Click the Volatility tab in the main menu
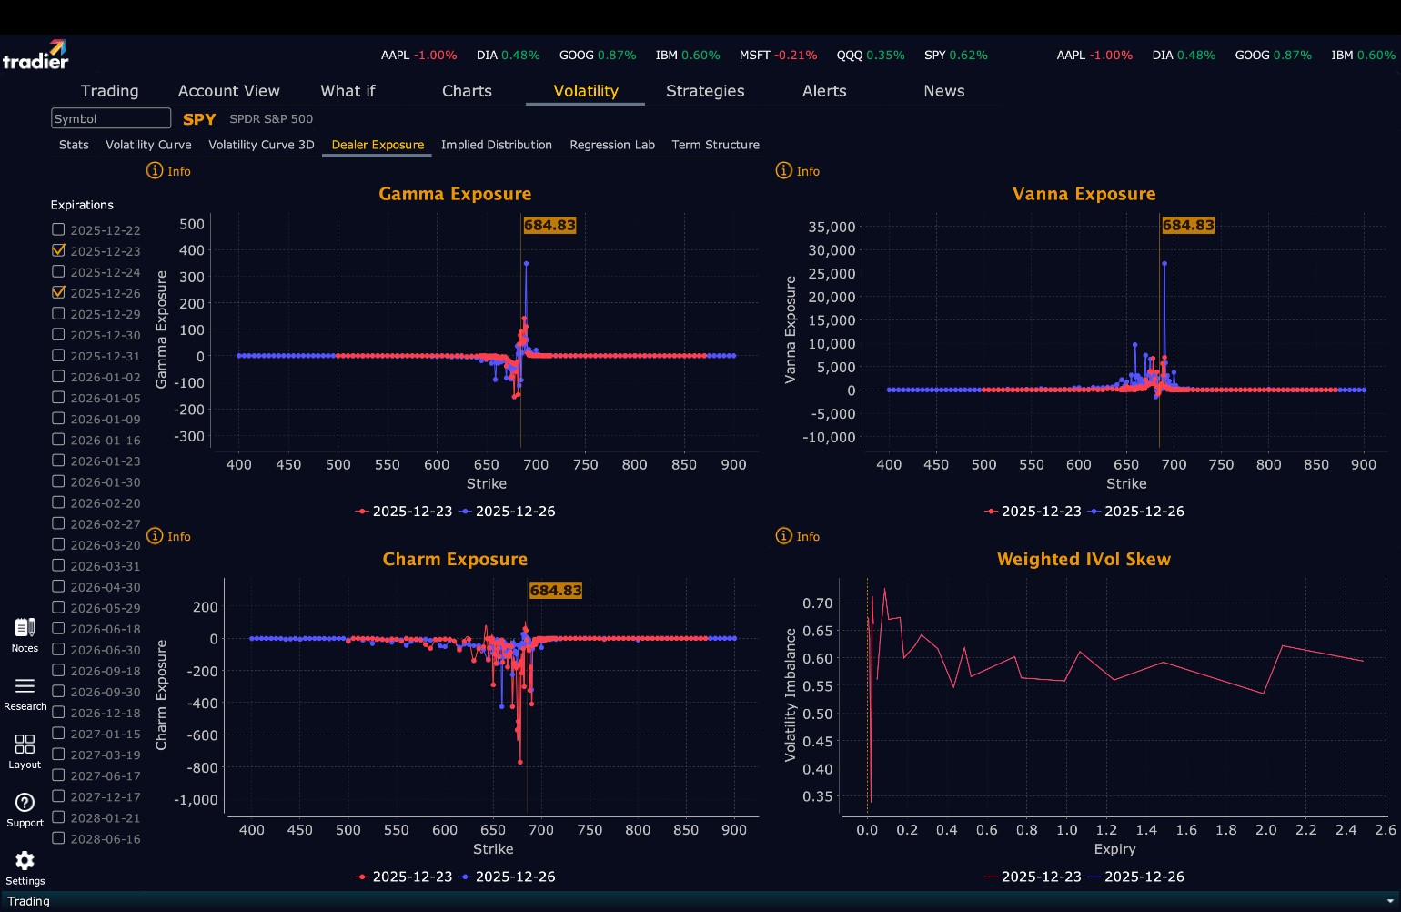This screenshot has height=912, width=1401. point(586,91)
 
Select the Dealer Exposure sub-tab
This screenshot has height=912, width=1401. point(378,145)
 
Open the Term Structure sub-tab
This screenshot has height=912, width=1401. point(715,145)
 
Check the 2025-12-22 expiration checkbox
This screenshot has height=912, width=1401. point(59,229)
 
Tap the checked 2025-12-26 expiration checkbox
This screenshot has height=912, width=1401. point(59,292)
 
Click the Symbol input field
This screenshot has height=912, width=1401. point(111,118)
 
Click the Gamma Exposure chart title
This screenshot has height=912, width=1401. point(455,194)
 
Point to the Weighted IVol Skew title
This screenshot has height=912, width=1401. point(1084,559)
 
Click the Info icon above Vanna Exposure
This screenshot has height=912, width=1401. point(784,171)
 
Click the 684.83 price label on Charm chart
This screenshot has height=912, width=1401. point(556,590)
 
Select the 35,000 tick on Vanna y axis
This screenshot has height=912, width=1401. point(832,227)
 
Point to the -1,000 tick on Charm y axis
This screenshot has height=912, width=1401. point(196,800)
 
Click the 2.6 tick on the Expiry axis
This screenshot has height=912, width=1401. point(1385,830)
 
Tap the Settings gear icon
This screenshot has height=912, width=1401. point(25,861)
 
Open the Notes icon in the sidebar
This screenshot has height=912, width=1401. point(25,628)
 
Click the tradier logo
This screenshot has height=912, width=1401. point(35,55)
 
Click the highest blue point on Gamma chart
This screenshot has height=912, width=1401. point(526,264)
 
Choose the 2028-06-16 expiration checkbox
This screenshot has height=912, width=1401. point(59,838)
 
